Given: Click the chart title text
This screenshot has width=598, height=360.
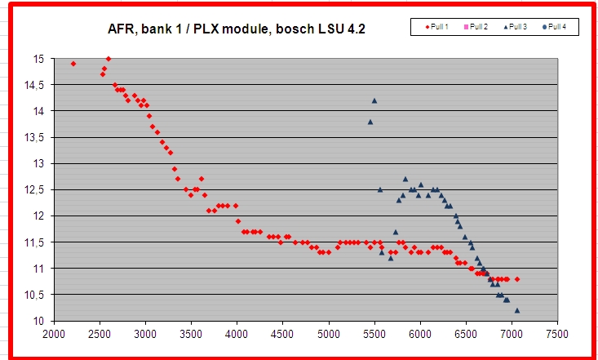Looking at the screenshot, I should click(237, 29).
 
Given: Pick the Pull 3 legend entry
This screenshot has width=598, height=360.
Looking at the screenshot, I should click(516, 27).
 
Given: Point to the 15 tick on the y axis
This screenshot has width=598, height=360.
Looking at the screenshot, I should click(38, 59).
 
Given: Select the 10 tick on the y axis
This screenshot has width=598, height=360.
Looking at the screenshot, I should click(38, 321).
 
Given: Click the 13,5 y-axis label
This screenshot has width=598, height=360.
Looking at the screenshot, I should click(33, 137).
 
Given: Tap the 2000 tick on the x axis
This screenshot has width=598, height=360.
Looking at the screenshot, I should click(54, 334).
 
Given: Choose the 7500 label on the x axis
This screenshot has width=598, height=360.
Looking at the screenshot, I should click(557, 334).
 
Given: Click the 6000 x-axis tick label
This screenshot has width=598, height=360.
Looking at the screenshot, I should click(419, 334).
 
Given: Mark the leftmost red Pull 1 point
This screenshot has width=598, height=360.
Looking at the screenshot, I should click(73, 64).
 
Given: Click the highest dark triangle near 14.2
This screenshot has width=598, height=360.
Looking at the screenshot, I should click(374, 100).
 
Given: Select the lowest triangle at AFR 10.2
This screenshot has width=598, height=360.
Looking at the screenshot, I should click(517, 310).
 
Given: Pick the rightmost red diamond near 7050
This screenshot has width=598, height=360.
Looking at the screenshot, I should click(517, 279).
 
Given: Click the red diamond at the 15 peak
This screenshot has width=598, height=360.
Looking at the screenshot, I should click(109, 59).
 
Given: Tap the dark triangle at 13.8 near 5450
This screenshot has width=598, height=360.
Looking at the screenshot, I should click(370, 122).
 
